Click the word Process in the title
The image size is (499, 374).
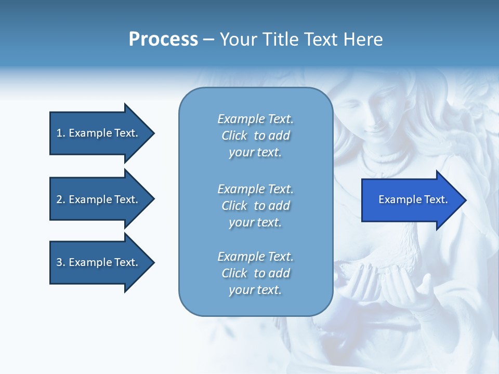(x=163, y=39)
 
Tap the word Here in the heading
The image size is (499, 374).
(x=363, y=39)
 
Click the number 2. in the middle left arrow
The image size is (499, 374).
(x=61, y=199)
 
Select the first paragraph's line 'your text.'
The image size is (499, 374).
(x=255, y=152)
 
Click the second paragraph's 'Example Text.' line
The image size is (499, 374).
(x=255, y=189)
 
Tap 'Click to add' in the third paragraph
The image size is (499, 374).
(x=255, y=273)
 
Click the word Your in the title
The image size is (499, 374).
(x=239, y=39)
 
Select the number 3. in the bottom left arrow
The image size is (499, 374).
(x=61, y=262)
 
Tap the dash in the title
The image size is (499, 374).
(x=208, y=39)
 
